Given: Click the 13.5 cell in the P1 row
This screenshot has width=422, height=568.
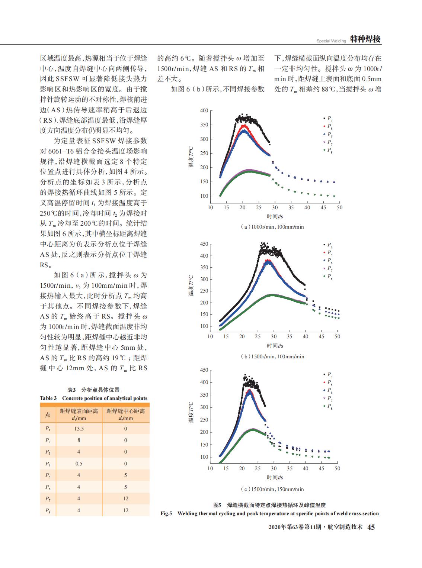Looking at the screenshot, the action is pos(79,429).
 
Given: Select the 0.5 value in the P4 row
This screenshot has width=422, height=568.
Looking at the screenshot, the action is pos(79,464).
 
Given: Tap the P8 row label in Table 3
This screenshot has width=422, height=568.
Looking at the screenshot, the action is pos(48,510).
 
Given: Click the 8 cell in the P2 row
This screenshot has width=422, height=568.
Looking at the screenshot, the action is pos(79,440).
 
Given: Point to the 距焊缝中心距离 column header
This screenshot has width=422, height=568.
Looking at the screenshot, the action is pos(126,411).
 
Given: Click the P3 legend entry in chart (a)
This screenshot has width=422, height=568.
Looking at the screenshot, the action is pos(328,119).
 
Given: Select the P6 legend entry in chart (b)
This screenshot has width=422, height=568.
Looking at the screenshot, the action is pos(328,261).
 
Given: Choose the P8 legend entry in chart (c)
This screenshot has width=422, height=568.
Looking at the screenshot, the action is pos(328,406).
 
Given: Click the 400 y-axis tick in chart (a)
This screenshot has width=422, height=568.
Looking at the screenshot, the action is pos(204,111).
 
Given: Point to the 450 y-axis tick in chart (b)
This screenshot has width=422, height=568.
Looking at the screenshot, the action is pos(204,244).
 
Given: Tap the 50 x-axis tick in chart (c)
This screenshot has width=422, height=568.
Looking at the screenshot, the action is pos(337,468).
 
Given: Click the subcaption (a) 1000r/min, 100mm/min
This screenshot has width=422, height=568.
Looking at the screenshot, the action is pos(272,227).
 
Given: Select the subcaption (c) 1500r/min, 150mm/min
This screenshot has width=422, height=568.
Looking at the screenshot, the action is pos(272,489).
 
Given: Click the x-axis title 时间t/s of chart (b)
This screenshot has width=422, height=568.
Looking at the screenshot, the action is pos(275,346).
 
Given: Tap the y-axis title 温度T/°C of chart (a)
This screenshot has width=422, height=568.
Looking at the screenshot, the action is pos(191,157).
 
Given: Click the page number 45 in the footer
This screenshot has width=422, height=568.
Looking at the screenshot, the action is pos(371,527).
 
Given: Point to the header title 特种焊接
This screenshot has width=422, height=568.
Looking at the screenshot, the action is pos(365,39).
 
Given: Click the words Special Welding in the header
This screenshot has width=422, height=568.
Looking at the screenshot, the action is pos(331,41).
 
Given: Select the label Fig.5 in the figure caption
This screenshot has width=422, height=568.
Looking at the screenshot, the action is pos(166,513).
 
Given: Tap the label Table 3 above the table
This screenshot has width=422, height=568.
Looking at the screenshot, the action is pos(48,398).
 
